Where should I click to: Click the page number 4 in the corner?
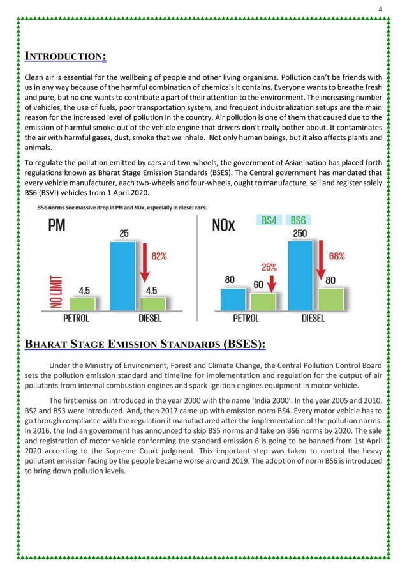[381, 9]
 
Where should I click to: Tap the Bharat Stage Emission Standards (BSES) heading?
[145, 345]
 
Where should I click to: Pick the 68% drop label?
[336, 256]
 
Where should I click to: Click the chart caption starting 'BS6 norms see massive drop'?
[126, 207]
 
